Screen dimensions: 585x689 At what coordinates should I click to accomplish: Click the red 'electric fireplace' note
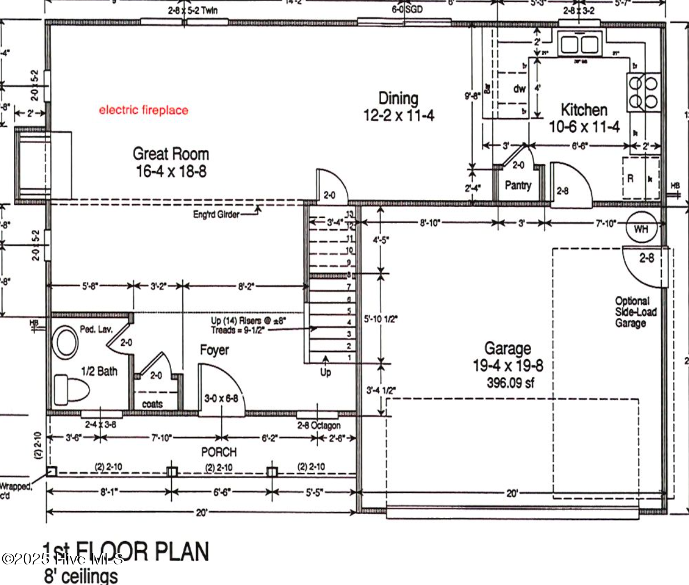tap(143, 110)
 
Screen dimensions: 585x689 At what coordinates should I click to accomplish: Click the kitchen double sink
tap(580, 44)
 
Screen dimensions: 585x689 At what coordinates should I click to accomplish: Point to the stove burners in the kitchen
tap(643, 92)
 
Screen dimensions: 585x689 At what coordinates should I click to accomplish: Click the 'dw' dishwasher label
tap(520, 89)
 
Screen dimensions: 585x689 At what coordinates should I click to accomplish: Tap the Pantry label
tap(518, 185)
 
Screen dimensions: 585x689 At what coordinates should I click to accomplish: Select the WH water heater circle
tap(641, 229)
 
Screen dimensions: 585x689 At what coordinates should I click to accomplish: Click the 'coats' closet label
tap(152, 404)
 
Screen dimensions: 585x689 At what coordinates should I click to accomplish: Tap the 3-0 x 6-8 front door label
tap(221, 399)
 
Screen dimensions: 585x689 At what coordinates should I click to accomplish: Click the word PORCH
tap(219, 452)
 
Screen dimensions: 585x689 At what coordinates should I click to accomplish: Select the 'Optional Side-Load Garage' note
tap(635, 311)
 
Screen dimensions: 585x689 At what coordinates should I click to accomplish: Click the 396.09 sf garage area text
tap(510, 382)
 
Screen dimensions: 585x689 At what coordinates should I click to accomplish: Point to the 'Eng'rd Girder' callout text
tap(216, 214)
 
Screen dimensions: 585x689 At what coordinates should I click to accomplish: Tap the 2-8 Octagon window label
tap(319, 425)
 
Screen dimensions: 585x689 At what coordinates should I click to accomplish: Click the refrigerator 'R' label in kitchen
tap(630, 179)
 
